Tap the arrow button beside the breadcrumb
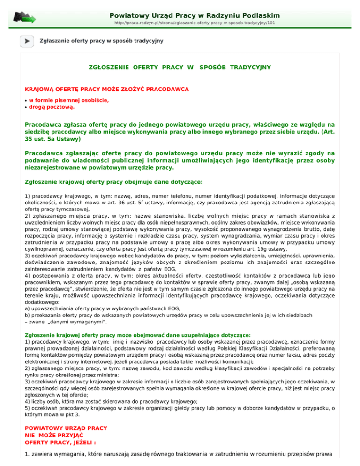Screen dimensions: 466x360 [27, 41]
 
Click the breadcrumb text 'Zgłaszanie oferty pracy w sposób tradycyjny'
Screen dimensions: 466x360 [102, 41]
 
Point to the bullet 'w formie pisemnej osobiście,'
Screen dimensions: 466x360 [69, 100]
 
